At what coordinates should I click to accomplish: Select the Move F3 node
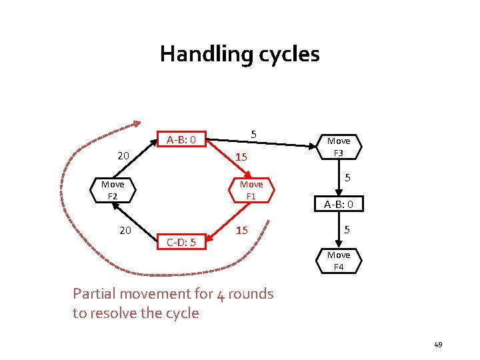(339, 147)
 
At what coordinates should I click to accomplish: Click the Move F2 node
(113, 189)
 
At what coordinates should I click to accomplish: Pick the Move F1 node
(251, 189)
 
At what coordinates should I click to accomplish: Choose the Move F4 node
(339, 261)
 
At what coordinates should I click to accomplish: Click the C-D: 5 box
(181, 242)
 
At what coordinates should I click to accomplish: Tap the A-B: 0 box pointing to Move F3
(181, 139)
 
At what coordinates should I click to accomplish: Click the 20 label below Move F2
(125, 230)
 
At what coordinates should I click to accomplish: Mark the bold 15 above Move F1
(241, 157)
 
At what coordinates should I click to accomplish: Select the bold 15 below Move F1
(241, 230)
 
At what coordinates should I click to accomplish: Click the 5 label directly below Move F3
(348, 178)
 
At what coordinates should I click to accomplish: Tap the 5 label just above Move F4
(348, 230)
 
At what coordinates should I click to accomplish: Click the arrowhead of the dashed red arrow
(135, 124)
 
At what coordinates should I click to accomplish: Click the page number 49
(438, 345)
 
